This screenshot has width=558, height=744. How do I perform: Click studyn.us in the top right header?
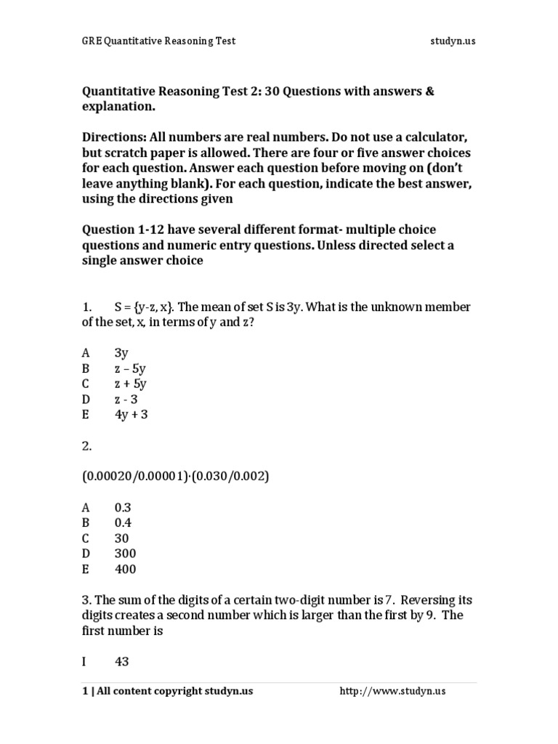click(452, 41)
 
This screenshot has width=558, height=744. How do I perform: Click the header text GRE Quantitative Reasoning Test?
click(158, 41)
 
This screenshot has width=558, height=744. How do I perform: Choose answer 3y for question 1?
click(121, 353)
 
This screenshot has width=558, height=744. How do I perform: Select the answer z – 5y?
click(131, 368)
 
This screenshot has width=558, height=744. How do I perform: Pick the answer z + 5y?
click(131, 384)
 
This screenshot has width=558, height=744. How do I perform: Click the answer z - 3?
click(128, 399)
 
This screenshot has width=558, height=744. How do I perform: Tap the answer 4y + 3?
click(131, 414)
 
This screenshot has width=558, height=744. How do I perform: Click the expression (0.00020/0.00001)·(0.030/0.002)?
click(176, 476)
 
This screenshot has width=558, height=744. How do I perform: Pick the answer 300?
click(125, 554)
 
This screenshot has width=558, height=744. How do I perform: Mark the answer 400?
click(125, 569)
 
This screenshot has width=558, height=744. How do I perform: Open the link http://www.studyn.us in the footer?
click(392, 691)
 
